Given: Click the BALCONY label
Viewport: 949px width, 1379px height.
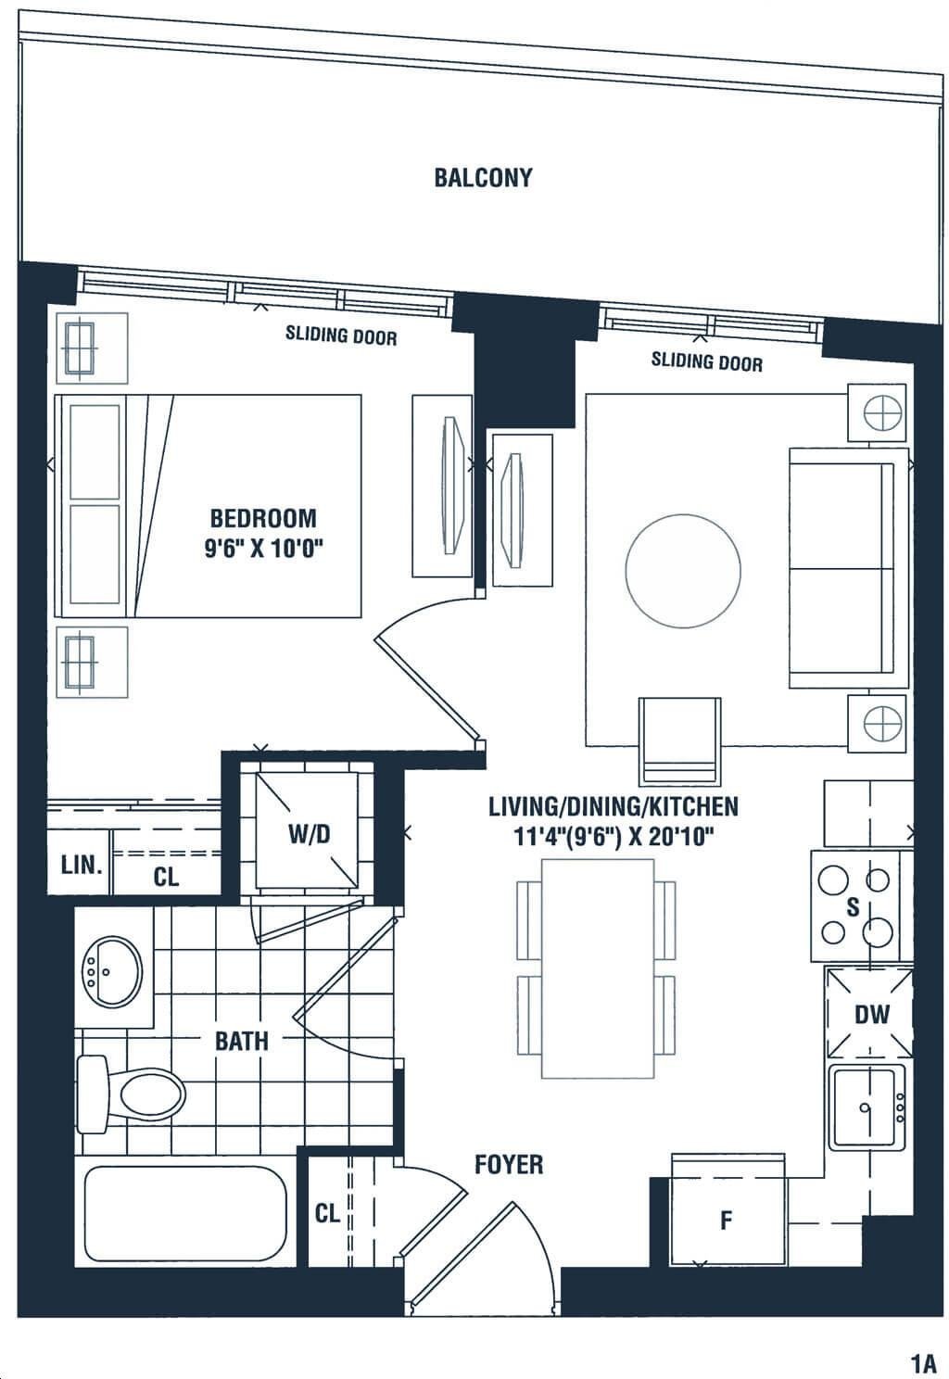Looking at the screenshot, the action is tap(483, 178).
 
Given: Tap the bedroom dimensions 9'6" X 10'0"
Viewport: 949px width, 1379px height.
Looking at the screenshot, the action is tap(264, 548).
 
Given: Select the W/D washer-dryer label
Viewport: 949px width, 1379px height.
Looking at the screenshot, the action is tap(309, 834).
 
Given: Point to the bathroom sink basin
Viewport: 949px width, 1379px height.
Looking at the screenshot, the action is tap(112, 973).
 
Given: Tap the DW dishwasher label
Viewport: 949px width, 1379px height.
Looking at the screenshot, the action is tap(871, 1014).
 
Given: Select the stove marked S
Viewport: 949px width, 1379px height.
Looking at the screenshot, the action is tap(855, 906).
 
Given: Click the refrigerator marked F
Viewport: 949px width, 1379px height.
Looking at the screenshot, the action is tap(728, 1209).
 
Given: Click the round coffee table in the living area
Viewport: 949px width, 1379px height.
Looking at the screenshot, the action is tap(683, 571).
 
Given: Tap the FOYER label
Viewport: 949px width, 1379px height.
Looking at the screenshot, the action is tap(509, 1165).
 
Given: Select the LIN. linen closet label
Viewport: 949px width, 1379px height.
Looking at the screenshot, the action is tap(82, 866).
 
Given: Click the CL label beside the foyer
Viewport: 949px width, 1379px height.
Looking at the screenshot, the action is tap(327, 1213).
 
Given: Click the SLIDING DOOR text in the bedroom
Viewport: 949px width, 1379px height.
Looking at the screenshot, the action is tap(341, 335).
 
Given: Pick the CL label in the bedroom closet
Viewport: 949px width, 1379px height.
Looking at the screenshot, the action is tap(166, 877).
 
